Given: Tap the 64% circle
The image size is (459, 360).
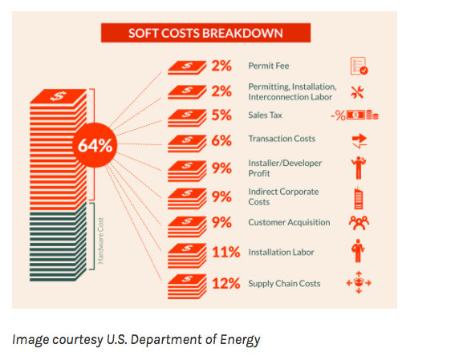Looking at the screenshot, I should (x=94, y=146).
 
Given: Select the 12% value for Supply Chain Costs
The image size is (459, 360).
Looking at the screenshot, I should (x=226, y=282).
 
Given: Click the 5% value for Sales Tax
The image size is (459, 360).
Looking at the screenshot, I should (x=222, y=115).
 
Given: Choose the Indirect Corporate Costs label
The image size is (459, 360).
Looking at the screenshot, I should (x=283, y=196).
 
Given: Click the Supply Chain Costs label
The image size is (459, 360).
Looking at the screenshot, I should (x=283, y=282).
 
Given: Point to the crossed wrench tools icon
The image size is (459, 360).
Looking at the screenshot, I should (x=359, y=91).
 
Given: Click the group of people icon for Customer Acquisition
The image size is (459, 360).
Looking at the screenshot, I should (x=359, y=222).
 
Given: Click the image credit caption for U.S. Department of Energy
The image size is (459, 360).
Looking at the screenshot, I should (x=136, y=339).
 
